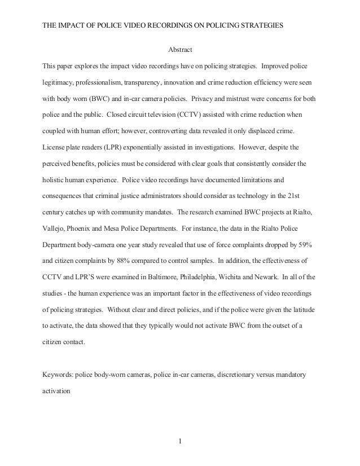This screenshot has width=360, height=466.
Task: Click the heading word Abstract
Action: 180,50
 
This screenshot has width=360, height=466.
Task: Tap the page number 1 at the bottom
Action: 179,441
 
